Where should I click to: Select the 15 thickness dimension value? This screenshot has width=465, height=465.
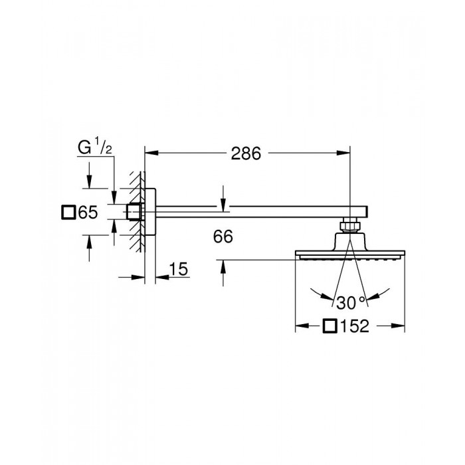pos(179,269)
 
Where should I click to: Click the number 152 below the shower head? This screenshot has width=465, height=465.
pos(355,325)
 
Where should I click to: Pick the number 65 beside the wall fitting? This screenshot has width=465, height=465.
pos(88,213)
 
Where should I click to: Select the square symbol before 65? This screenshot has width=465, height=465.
pos(68,213)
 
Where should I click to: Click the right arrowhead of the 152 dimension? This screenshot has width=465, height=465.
pos(401,325)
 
